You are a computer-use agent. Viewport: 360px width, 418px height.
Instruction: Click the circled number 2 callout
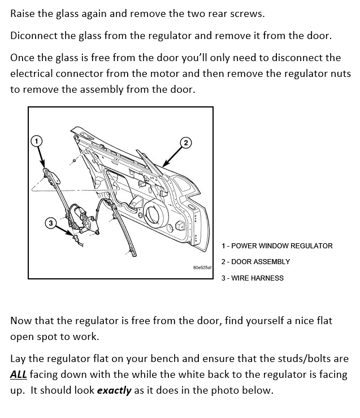click(x=186, y=141)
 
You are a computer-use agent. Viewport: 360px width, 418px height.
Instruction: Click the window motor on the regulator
click(x=79, y=217)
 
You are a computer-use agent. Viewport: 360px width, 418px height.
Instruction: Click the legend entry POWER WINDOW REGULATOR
click(x=277, y=246)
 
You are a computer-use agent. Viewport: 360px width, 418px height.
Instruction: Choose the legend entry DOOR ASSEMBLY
click(x=255, y=262)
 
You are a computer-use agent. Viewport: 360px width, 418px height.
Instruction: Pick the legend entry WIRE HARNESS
click(x=253, y=278)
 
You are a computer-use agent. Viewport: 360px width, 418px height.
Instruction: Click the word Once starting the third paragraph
click(x=23, y=58)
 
